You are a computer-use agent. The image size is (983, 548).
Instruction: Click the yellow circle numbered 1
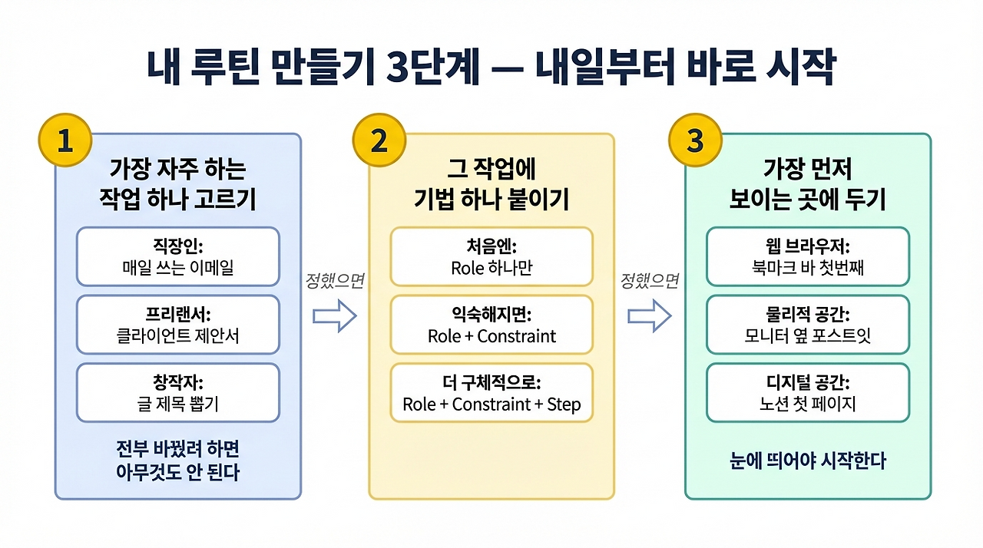pyautogui.click(x=65, y=142)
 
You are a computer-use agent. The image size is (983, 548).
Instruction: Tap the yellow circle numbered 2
pyautogui.click(x=379, y=142)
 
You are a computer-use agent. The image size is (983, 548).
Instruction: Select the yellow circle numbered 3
pyautogui.click(x=695, y=142)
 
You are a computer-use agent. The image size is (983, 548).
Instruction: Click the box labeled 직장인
pyautogui.click(x=177, y=257)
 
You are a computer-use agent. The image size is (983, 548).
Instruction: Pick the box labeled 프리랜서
pyautogui.click(x=177, y=325)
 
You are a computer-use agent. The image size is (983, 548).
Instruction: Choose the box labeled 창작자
pyautogui.click(x=177, y=392)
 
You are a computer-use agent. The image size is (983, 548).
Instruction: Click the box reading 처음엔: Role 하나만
pyautogui.click(x=491, y=257)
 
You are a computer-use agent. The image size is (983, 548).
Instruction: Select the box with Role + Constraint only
pyautogui.click(x=491, y=325)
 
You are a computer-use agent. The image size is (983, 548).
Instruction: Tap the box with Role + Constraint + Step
pyautogui.click(x=491, y=392)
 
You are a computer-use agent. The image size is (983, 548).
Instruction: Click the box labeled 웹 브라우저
pyautogui.click(x=807, y=257)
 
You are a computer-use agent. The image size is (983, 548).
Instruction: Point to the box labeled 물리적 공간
pyautogui.click(x=807, y=325)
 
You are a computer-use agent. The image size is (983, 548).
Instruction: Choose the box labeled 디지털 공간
pyautogui.click(x=807, y=392)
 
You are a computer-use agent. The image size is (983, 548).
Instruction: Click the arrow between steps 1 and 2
pyautogui.click(x=336, y=315)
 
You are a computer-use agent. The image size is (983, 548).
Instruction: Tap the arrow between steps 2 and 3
pyautogui.click(x=650, y=315)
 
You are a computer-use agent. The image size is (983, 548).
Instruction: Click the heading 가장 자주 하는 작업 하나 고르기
pyautogui.click(x=177, y=184)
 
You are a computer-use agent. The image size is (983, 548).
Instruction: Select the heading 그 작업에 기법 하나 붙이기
pyautogui.click(x=491, y=184)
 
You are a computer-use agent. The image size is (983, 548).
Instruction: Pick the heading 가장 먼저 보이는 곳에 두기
pyautogui.click(x=807, y=184)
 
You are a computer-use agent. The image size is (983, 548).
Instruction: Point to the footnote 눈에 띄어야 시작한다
pyautogui.click(x=807, y=461)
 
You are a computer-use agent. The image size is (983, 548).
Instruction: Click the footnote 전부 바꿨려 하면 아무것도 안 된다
pyautogui.click(x=177, y=461)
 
